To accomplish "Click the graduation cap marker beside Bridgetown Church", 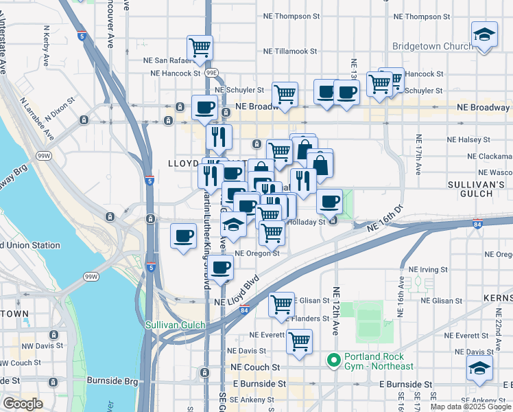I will tap(484, 35).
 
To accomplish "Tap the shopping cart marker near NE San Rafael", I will tap(200, 48).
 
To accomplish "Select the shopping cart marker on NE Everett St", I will tap(299, 341).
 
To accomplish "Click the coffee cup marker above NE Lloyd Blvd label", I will tap(220, 268).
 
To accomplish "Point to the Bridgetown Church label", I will tap(432, 47).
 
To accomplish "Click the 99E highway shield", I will tap(212, 71).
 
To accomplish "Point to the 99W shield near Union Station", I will tap(91, 277).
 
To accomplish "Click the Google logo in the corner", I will tap(23, 404).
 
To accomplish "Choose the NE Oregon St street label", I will tap(257, 253).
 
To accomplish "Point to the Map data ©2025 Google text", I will tap(470, 407).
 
